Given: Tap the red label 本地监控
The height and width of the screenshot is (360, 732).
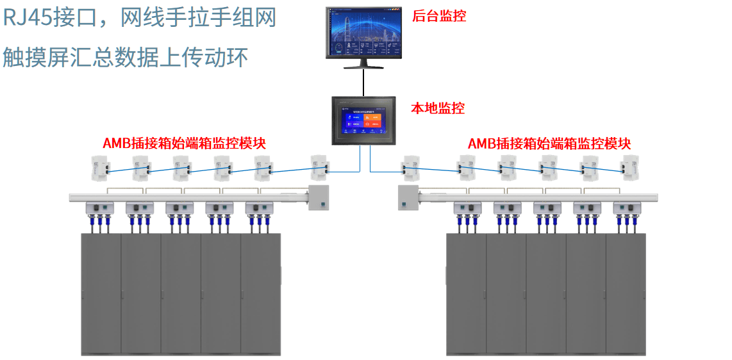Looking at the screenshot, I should (437, 108).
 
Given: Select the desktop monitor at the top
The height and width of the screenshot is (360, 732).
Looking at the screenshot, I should (364, 33).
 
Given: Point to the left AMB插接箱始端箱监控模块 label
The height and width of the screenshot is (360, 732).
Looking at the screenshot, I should (184, 143).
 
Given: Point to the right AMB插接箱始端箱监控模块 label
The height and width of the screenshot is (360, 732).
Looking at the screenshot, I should (549, 143).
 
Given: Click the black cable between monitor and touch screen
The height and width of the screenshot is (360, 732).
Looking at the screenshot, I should (364, 82).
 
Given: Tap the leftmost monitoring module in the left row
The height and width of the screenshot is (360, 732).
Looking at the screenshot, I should (100, 168).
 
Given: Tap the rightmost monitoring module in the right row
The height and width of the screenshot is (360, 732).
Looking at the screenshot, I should (631, 168).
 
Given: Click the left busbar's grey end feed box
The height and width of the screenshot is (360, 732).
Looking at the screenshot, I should (319, 197).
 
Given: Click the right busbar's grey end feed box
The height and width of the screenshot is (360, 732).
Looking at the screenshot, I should (408, 197).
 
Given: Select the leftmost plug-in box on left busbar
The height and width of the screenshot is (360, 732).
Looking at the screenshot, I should (100, 208).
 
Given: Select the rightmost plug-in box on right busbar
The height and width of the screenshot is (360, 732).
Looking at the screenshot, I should (627, 208).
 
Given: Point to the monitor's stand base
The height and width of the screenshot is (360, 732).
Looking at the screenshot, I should (364, 65).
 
